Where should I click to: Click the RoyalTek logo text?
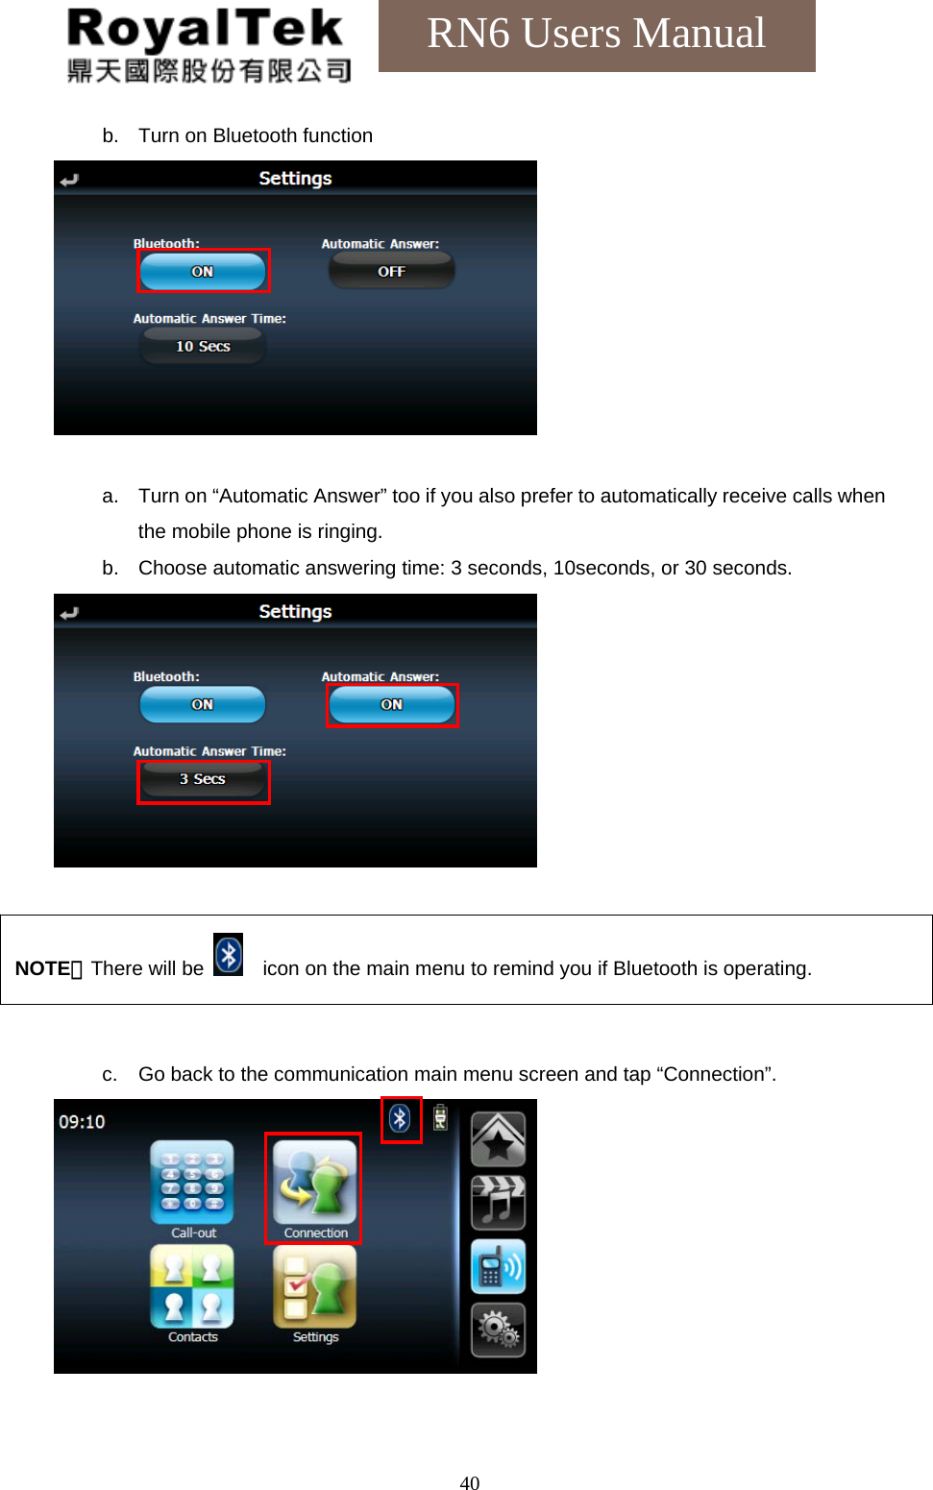206,31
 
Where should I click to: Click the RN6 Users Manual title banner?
596,35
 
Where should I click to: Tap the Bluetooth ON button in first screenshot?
203,271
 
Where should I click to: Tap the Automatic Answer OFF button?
391,271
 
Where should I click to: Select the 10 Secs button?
203,346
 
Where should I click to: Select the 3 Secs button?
203,779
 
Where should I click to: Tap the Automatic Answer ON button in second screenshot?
391,704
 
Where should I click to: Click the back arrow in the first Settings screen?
69,180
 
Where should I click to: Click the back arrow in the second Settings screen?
69,613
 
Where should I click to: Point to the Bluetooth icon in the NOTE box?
228,955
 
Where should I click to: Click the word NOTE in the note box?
42,968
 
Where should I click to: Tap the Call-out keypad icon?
192,1181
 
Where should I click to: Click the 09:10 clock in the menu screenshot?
82,1122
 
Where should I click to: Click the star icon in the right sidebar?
498,1138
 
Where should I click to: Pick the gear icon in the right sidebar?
498,1330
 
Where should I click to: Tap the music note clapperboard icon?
498,1202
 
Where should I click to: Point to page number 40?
469,1482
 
